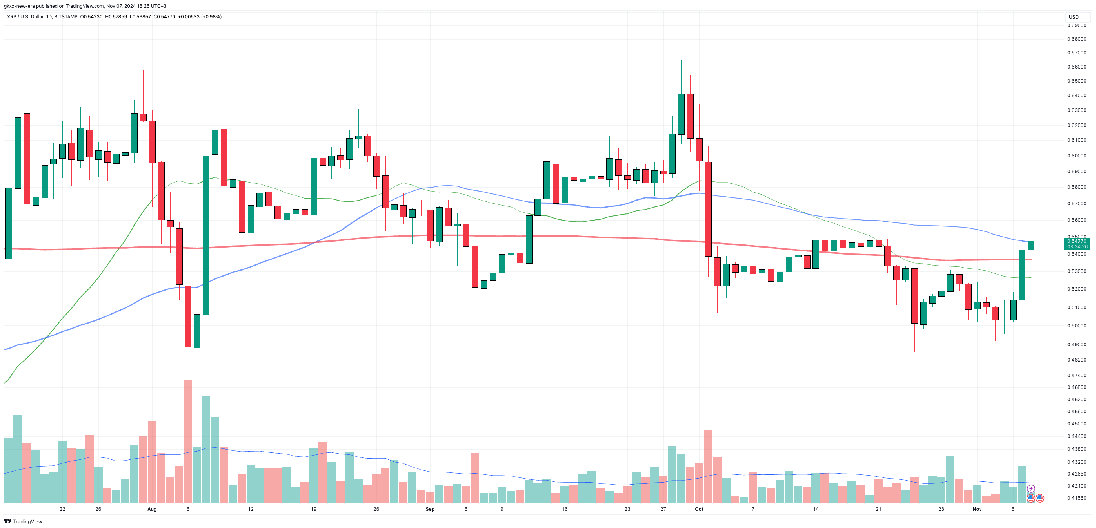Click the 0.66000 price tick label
pyautogui.click(x=1076, y=67)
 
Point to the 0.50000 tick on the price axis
pyautogui.click(x=1076, y=325)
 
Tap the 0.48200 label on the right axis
pyautogui.click(x=1076, y=360)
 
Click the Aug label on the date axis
pyautogui.click(x=152, y=509)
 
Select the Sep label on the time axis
pyautogui.click(x=430, y=509)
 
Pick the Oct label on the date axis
pyautogui.click(x=699, y=509)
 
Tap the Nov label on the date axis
pyautogui.click(x=977, y=509)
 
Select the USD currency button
pyautogui.click(x=1074, y=17)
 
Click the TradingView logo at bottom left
pyautogui.click(x=23, y=521)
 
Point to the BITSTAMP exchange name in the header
pyautogui.click(x=66, y=16)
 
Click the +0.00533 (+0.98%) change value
pyautogui.click(x=200, y=16)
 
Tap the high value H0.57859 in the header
pyautogui.click(x=116, y=16)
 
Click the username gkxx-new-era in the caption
pyautogui.click(x=19, y=6)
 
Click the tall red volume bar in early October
pyautogui.click(x=708, y=467)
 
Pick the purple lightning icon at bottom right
pyautogui.click(x=1031, y=488)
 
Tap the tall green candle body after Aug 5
pyautogui.click(x=206, y=235)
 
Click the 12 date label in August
pyautogui.click(x=251, y=509)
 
